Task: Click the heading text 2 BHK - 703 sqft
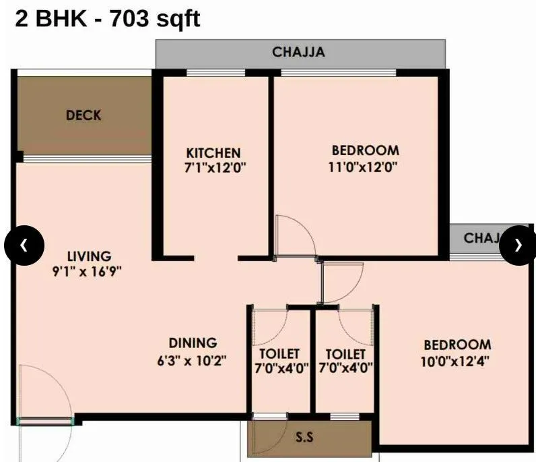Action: click(108, 18)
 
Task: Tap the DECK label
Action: click(83, 115)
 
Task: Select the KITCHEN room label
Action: click(213, 152)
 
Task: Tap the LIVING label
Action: click(89, 256)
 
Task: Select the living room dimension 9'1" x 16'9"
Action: click(89, 272)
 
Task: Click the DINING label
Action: click(193, 343)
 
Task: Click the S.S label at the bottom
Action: click(304, 437)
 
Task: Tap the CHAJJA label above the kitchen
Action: click(300, 52)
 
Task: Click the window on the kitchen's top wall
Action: click(215, 72)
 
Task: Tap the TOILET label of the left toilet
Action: click(279, 354)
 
